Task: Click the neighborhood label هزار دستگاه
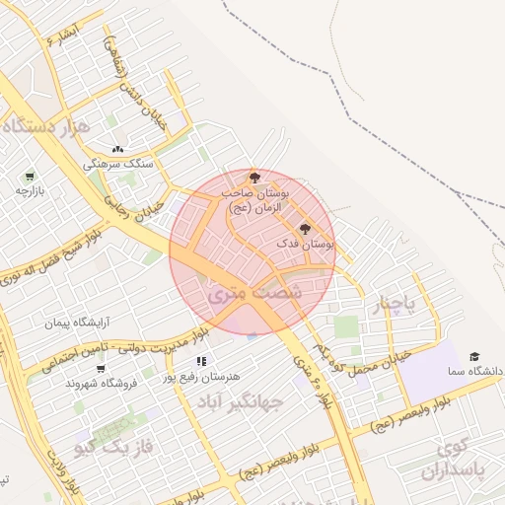pos(46,126)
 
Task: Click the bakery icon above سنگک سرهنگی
pos(117,149)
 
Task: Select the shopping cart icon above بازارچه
pos(29,176)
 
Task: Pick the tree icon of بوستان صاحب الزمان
pos(255,178)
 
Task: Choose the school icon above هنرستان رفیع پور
pos(201,361)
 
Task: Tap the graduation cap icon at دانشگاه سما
pos(473,356)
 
